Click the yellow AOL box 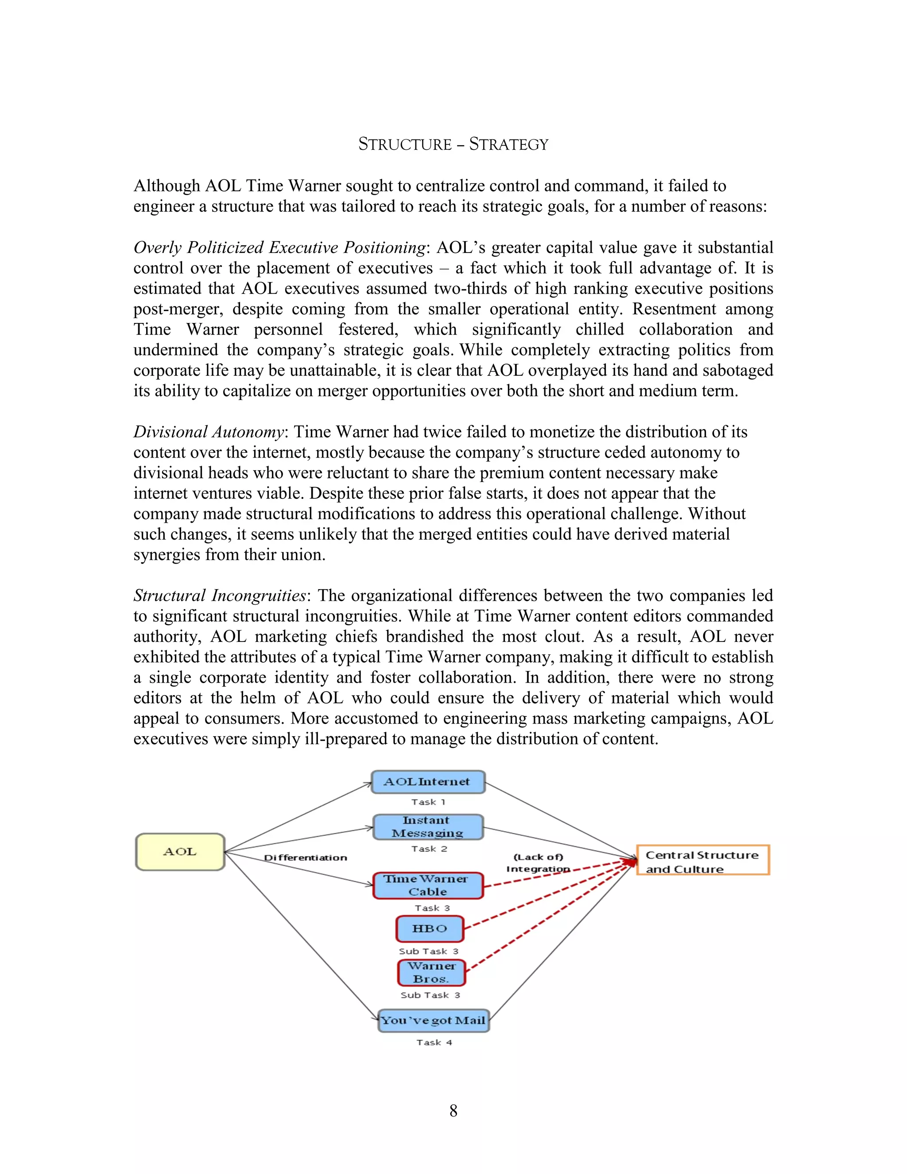pos(180,852)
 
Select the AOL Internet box pos(428,782)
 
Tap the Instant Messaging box pos(428,827)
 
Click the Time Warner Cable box pos(428,885)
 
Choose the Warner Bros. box pos(431,972)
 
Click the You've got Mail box pos(433,1020)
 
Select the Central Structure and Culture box pos(703,862)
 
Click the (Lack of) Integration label pos(538,863)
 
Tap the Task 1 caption pos(428,802)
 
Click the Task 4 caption pos(434,1042)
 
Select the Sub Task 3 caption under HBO pos(428,951)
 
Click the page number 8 pos(453,1111)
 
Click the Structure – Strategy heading pos(453,144)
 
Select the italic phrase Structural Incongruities pos(220,595)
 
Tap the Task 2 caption pos(429,849)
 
